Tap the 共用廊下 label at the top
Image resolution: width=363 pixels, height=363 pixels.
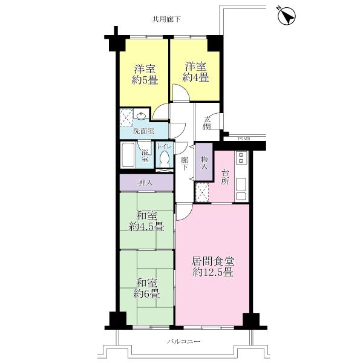pyautogui.click(x=166, y=20)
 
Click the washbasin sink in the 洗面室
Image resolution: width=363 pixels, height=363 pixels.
pyautogui.click(x=142, y=116)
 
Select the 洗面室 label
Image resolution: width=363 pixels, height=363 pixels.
pyautogui.click(x=144, y=131)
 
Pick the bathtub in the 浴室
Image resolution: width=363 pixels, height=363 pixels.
pyautogui.click(x=129, y=156)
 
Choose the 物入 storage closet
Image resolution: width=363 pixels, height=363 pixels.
pyautogui.click(x=204, y=162)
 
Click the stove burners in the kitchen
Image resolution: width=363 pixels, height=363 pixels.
pyautogui.click(x=241, y=159)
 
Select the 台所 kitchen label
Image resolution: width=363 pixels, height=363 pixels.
pyautogui.click(x=224, y=175)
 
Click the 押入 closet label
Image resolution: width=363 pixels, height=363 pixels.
pyautogui.click(x=146, y=181)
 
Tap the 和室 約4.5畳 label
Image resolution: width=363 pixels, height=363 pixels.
pyautogui.click(x=146, y=221)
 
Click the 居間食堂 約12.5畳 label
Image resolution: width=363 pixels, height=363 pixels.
pyautogui.click(x=213, y=267)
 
